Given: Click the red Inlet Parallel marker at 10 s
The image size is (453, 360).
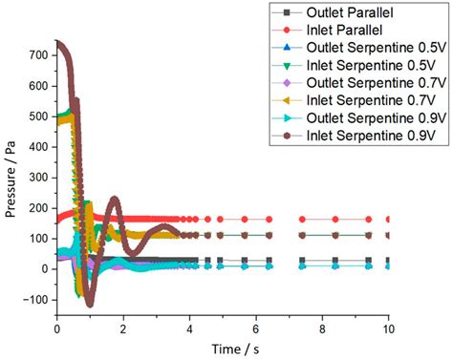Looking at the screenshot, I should [x=387, y=219].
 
